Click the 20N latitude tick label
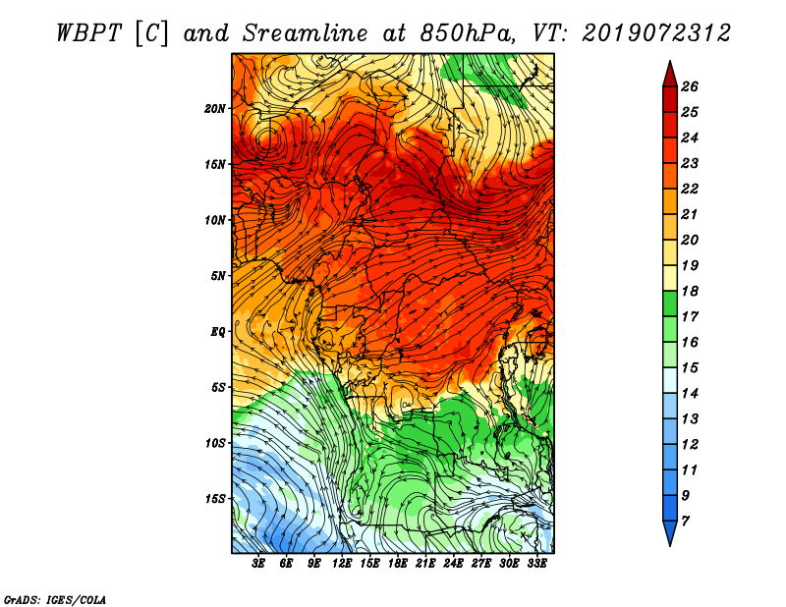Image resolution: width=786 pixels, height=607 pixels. [x=215, y=109]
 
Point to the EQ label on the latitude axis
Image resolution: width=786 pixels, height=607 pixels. [x=217, y=332]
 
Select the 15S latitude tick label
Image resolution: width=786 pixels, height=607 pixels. [x=215, y=499]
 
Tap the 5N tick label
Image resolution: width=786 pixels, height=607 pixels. [x=218, y=276]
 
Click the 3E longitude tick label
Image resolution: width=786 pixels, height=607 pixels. [x=258, y=564]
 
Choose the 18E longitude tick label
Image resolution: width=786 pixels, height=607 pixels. [x=398, y=564]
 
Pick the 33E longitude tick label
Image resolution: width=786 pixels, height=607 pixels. [x=536, y=564]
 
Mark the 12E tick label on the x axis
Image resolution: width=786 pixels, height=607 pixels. [x=342, y=564]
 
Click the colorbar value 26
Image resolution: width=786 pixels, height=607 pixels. [x=690, y=86]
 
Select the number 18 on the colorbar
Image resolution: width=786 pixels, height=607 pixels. [x=690, y=291]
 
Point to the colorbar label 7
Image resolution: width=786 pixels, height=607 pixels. [x=685, y=522]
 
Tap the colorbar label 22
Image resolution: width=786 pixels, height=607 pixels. [x=690, y=189]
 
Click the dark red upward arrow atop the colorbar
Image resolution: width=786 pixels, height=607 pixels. [x=670, y=75]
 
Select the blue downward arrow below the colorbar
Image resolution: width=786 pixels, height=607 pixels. [x=670, y=532]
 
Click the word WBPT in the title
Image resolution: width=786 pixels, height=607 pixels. [x=88, y=33]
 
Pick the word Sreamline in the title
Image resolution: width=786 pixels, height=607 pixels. [x=306, y=33]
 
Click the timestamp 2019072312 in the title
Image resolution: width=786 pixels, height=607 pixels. [x=656, y=33]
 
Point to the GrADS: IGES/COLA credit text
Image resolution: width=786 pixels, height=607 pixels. [x=54, y=600]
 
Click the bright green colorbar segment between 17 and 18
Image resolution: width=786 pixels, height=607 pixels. [x=670, y=303]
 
